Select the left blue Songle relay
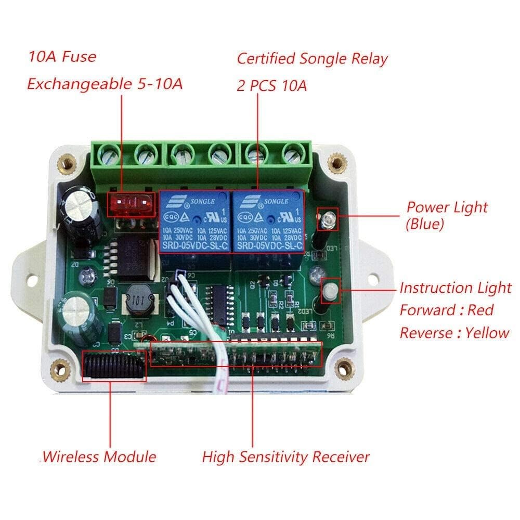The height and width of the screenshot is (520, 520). pos(194,222)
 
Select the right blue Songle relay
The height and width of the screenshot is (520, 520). pos(267,222)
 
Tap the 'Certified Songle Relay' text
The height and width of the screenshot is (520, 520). pos(312,59)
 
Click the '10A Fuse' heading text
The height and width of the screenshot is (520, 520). pos(62,56)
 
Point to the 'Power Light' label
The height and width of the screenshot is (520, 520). pos(447,207)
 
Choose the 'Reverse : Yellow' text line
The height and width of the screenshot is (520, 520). pos(454,333)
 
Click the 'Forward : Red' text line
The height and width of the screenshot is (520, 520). pos(446,310)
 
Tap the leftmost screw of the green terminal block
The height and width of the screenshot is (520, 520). pos(110,153)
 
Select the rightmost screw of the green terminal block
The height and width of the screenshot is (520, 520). pos(293,153)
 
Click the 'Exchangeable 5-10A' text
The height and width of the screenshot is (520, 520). pos(105,84)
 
